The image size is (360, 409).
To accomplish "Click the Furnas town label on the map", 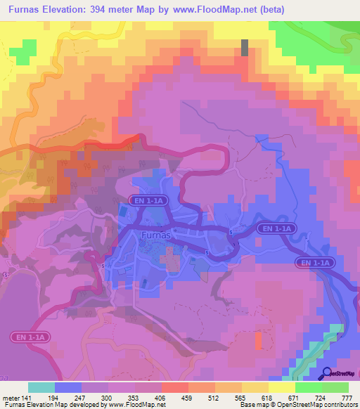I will pos(156,235).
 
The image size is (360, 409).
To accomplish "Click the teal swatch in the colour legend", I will pos(41,387).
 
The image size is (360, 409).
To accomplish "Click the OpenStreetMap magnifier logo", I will pos(326,374).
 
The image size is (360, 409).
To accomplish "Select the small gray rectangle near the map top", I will pos(245,47).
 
